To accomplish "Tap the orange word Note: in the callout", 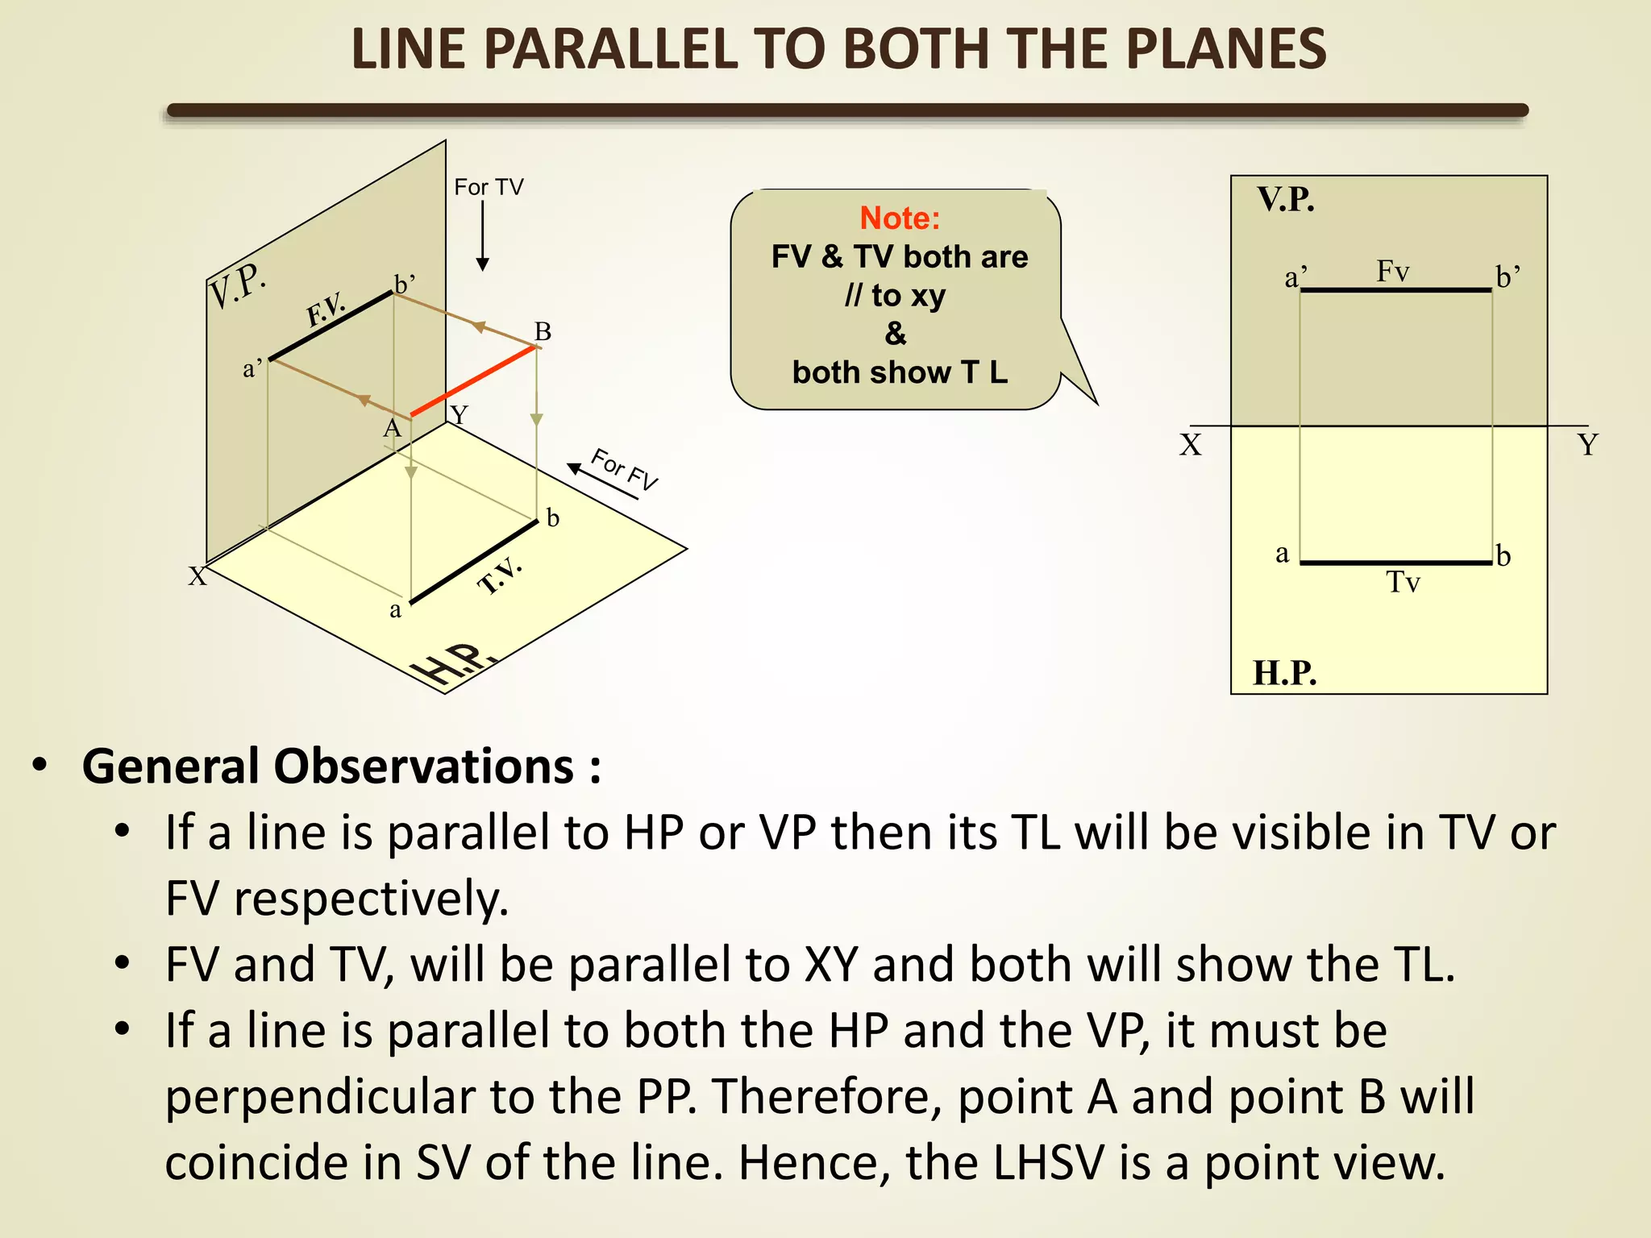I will [x=900, y=218].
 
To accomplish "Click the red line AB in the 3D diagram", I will [x=474, y=381].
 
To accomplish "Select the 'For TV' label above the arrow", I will [x=489, y=187].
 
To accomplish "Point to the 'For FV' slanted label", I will [x=625, y=469].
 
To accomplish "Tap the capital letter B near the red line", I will [x=543, y=331].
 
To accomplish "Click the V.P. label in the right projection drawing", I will [x=1286, y=200].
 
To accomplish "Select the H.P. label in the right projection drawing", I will [x=1284, y=673].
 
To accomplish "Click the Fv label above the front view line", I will [x=1392, y=271].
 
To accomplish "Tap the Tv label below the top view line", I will [x=1403, y=582].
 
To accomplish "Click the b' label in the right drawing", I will [x=1508, y=277].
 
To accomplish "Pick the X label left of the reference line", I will [x=1191, y=445].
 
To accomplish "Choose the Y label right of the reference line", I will [x=1587, y=445].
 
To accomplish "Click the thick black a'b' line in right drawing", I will [x=1395, y=290].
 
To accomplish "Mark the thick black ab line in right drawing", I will [x=1395, y=563].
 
